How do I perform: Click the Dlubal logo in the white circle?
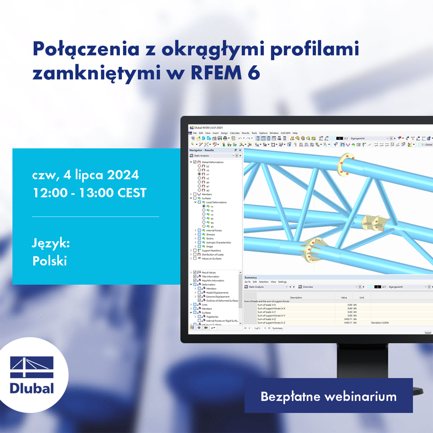tap(32, 375)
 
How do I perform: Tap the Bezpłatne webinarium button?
tap(328, 396)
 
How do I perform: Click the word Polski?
tap(50, 261)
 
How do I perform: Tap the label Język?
tap(51, 244)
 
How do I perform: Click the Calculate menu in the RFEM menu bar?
tap(235, 133)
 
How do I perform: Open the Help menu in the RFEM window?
tap(295, 133)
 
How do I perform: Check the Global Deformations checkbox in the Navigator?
tap(195, 162)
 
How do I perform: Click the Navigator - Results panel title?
tap(202, 150)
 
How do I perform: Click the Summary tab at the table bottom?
tap(277, 328)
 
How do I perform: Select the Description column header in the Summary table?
tap(296, 298)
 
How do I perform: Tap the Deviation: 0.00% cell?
tap(380, 323)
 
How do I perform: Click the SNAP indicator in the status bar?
tap(428, 333)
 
